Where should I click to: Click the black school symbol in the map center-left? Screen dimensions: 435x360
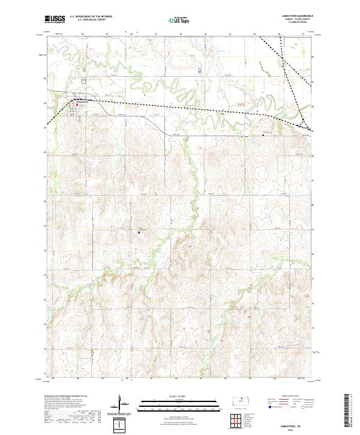pos(140,233)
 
